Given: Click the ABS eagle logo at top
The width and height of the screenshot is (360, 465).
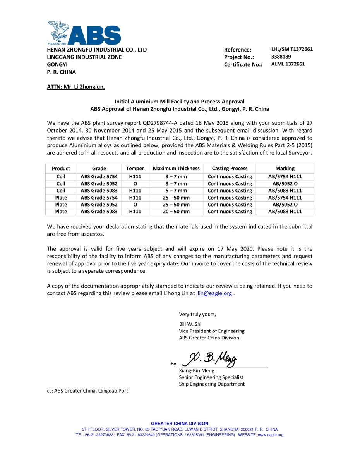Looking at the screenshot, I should (84, 33).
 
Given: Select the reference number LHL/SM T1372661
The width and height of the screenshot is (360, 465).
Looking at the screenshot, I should (292, 49).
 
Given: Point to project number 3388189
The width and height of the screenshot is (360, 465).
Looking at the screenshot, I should (281, 57).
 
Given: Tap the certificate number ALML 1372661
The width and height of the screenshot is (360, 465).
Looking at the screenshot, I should (288, 64).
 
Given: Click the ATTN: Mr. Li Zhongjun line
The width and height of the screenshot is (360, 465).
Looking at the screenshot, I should (76, 87).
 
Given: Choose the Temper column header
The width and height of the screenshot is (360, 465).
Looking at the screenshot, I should (135, 169).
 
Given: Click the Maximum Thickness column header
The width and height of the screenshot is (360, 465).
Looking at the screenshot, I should (176, 169).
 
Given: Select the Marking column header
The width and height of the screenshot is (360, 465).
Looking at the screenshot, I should (285, 169).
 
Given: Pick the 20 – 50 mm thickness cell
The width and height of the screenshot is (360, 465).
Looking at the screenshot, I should (176, 212).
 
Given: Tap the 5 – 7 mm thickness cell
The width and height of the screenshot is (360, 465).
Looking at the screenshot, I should (176, 191).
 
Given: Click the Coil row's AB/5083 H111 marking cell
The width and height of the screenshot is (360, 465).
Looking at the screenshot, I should (285, 191).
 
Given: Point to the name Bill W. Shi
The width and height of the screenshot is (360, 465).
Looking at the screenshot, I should (190, 324).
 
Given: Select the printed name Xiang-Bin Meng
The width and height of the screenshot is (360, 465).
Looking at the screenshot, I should (196, 370).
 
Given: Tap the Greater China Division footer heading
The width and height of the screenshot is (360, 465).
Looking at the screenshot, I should (180, 424).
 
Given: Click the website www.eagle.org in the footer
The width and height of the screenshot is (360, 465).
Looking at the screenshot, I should (271, 435).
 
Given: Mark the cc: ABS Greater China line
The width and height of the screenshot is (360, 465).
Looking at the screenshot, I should (87, 391).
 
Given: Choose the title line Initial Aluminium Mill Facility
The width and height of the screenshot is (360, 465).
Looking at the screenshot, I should (180, 102).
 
